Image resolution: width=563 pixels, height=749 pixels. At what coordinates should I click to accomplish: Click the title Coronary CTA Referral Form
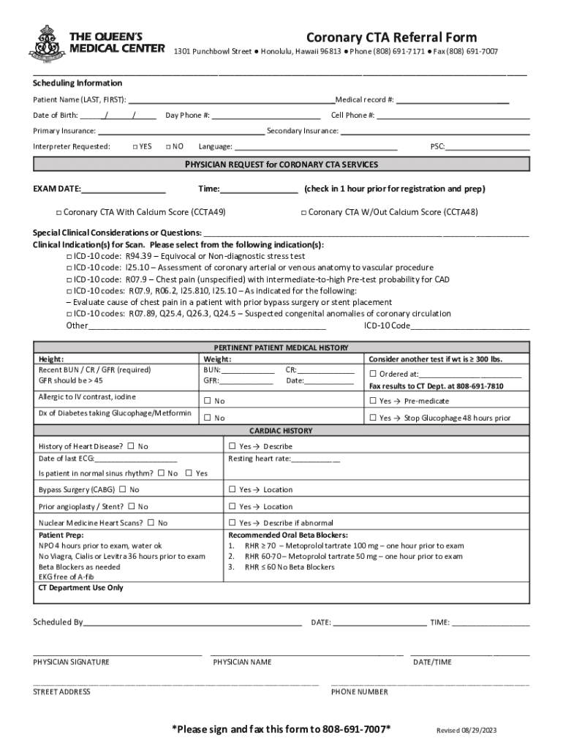pos(391,37)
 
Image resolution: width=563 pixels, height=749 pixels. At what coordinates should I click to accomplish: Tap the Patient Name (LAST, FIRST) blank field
pos(231,99)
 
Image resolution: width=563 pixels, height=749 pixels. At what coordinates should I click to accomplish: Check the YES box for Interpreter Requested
pos(135,147)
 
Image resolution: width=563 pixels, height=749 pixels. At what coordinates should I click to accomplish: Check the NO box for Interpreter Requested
pos(169,147)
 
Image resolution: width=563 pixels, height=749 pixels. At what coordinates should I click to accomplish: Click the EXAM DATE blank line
pos(124,189)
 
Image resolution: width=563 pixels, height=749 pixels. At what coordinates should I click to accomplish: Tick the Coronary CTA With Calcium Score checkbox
pos(58,213)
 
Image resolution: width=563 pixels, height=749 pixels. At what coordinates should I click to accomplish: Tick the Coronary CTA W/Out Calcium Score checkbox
pos(303,213)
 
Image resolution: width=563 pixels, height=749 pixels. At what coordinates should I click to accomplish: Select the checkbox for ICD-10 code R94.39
pos(68,257)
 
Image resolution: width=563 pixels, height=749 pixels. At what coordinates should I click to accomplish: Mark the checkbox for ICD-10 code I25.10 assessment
pos(68,268)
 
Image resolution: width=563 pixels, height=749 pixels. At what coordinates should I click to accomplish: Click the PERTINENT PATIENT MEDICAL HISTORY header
pos(281,347)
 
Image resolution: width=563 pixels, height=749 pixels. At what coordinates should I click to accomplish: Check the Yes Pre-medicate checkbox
pos(372,401)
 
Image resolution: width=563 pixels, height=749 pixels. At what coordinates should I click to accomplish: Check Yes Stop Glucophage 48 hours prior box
pos(372,418)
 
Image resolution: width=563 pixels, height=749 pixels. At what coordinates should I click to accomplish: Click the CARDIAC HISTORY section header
pos(281,431)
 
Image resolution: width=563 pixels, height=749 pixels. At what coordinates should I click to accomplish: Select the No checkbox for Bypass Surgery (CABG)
pos(122,489)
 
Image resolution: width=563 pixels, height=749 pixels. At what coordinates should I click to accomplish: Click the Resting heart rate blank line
pos(315,459)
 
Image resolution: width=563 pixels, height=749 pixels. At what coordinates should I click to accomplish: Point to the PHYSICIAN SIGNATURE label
pos(71,662)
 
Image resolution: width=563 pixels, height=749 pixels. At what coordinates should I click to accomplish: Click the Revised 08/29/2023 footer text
pos(466,731)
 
